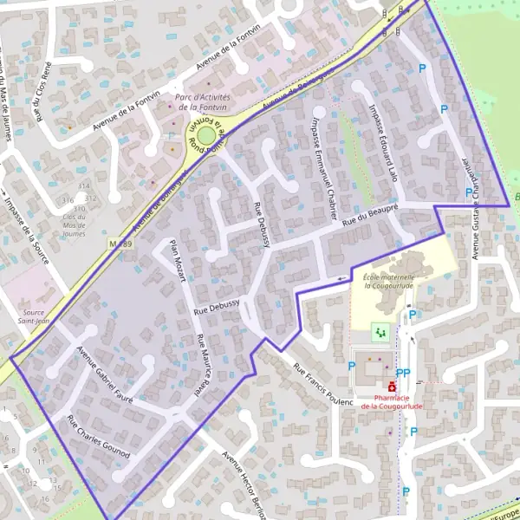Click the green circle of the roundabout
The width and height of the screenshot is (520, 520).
[206, 135]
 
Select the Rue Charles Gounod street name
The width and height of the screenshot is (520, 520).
[98, 437]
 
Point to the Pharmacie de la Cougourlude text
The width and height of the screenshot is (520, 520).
[392, 401]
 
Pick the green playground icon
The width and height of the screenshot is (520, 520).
[379, 331]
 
